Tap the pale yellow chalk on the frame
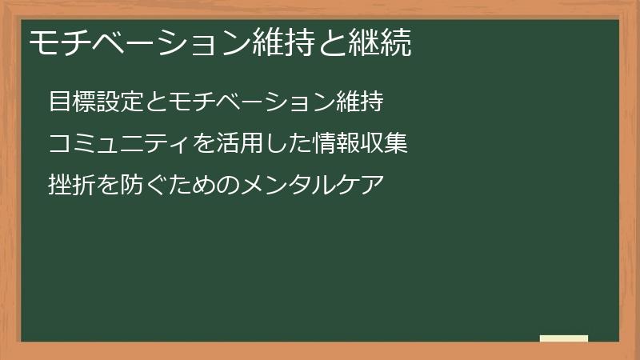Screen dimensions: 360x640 [564, 338]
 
